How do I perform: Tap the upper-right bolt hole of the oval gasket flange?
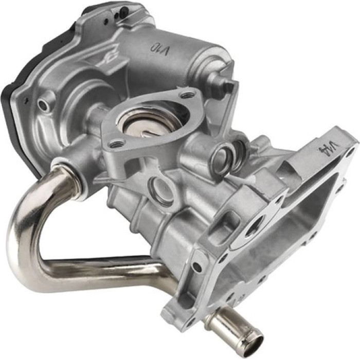click(189, 94)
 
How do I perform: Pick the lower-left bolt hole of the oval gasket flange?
click(114, 144)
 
